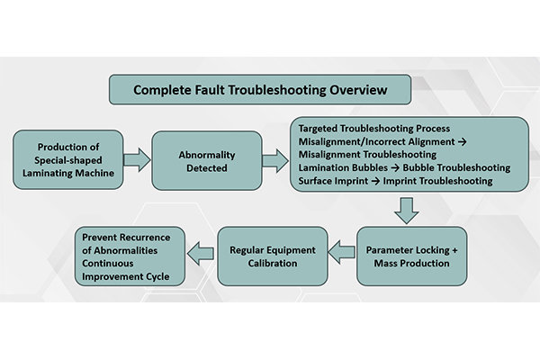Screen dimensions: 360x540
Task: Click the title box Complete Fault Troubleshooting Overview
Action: pyautogui.click(x=260, y=90)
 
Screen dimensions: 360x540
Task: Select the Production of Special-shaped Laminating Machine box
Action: pyautogui.click(x=68, y=160)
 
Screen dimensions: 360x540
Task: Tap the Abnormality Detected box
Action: pyautogui.click(x=206, y=160)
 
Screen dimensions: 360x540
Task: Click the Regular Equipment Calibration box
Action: pyautogui.click(x=272, y=256)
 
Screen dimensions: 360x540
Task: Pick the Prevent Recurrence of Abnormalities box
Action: pyautogui.click(x=130, y=256)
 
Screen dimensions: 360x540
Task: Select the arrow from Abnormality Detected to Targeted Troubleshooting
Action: pyautogui.click(x=274, y=160)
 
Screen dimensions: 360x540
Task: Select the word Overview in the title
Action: pyautogui.click(x=358, y=90)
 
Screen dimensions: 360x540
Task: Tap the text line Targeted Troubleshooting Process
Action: pyautogui.click(x=373, y=129)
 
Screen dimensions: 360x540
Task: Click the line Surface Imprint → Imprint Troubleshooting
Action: pyautogui.click(x=395, y=180)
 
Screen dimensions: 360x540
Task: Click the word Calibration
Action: pyautogui.click(x=272, y=263)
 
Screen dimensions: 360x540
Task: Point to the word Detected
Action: pyautogui.click(x=206, y=167)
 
